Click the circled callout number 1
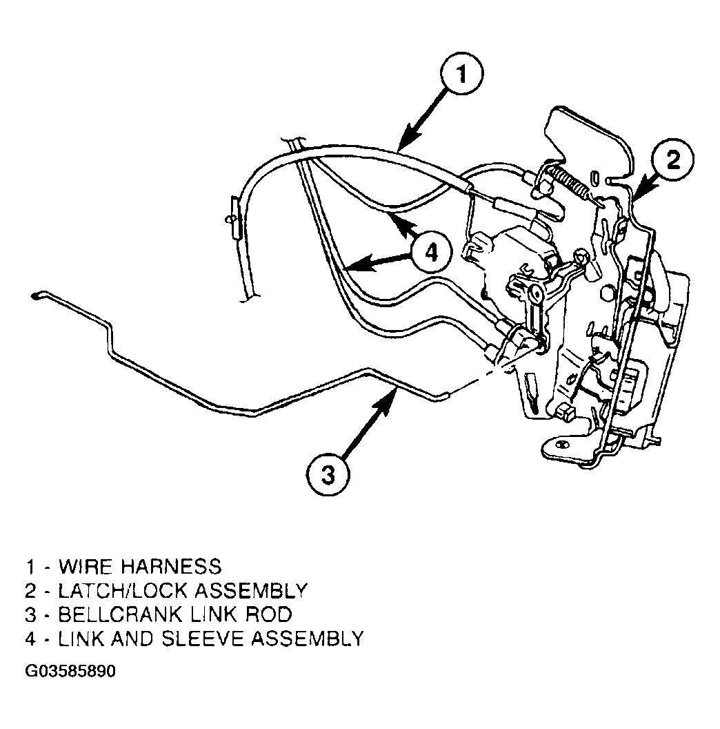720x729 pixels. click(462, 74)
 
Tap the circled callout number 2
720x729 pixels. click(672, 161)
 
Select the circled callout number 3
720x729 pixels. click(328, 475)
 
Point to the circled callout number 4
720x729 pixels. click(431, 253)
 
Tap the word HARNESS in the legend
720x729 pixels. click(172, 567)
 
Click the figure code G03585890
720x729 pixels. click(70, 671)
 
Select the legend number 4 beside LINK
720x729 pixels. click(30, 639)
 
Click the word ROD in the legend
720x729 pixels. click(268, 614)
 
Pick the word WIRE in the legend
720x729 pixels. click(86, 567)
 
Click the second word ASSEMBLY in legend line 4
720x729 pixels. click(307, 639)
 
